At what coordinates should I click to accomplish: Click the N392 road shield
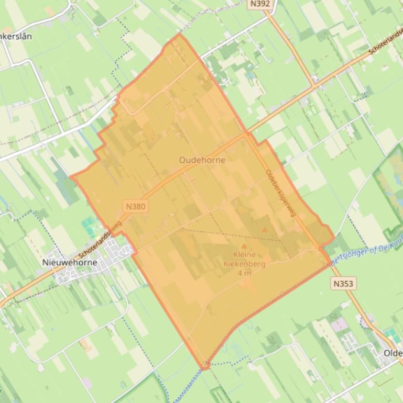(260, 4)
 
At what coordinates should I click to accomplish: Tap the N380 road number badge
(136, 206)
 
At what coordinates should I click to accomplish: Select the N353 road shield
(343, 283)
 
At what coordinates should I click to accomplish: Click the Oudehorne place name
(202, 160)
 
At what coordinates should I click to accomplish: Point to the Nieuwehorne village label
(70, 262)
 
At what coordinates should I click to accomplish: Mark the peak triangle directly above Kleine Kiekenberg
(244, 246)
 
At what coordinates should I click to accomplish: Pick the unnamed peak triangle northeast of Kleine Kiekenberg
(265, 229)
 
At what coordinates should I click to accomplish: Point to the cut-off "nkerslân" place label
(16, 36)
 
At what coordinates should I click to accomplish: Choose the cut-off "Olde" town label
(393, 353)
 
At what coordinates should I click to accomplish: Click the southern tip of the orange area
(205, 367)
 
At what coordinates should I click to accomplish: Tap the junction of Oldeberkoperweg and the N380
(246, 132)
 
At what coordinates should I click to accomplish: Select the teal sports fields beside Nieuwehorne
(89, 227)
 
